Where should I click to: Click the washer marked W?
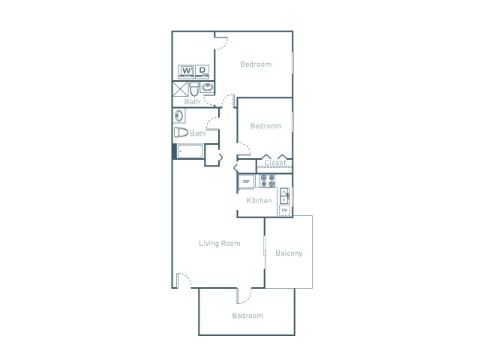click(186, 71)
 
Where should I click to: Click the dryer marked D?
click(201, 71)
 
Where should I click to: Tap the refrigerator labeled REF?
click(245, 181)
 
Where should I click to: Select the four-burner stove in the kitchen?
click(268, 181)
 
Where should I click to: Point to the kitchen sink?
click(285, 196)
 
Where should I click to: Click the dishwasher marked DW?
click(285, 211)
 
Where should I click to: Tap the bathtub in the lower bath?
click(190, 151)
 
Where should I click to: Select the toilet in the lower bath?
click(181, 133)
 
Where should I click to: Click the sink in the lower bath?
click(179, 115)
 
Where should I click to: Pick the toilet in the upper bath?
click(194, 88)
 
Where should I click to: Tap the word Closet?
click(275, 162)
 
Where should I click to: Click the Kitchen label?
click(259, 201)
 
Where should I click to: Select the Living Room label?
click(219, 243)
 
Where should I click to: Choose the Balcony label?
click(289, 253)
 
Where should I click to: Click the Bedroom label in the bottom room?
click(247, 316)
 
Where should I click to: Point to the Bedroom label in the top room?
click(256, 64)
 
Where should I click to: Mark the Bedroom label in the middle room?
click(265, 126)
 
